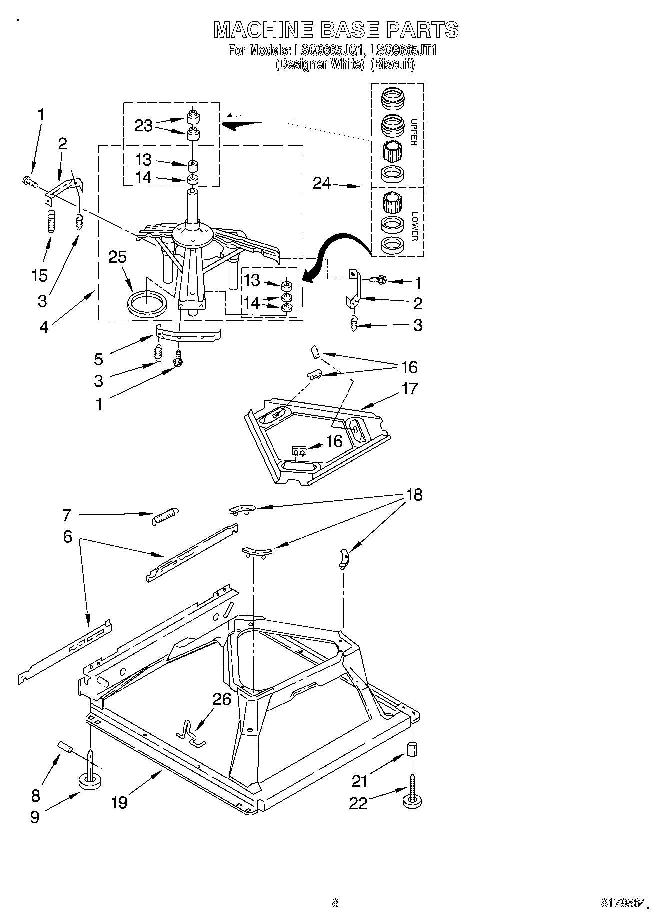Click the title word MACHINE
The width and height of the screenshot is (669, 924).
(x=263, y=30)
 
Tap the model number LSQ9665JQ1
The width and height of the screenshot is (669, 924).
(x=330, y=50)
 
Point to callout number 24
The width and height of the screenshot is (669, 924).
(x=322, y=183)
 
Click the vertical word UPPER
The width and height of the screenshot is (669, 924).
(x=413, y=132)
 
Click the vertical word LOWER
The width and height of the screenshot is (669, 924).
(x=414, y=226)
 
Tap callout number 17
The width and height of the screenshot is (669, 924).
(x=409, y=388)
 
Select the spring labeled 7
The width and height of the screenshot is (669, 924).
(x=165, y=516)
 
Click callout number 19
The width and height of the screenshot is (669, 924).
(x=119, y=802)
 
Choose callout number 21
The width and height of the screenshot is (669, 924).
(x=360, y=780)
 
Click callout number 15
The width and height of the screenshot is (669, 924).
(x=40, y=275)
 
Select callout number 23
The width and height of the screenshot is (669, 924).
(x=143, y=125)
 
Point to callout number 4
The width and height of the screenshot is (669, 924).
(x=44, y=327)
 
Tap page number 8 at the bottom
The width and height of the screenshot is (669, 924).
(x=335, y=903)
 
